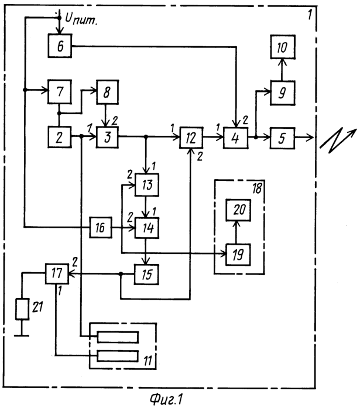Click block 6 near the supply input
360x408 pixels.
click(59, 45)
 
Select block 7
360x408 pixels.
click(59, 91)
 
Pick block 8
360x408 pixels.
click(108, 91)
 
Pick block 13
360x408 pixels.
click(146, 186)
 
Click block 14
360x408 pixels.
click(146, 227)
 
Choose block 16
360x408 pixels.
click(101, 227)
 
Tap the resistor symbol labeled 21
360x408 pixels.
click(21, 308)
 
